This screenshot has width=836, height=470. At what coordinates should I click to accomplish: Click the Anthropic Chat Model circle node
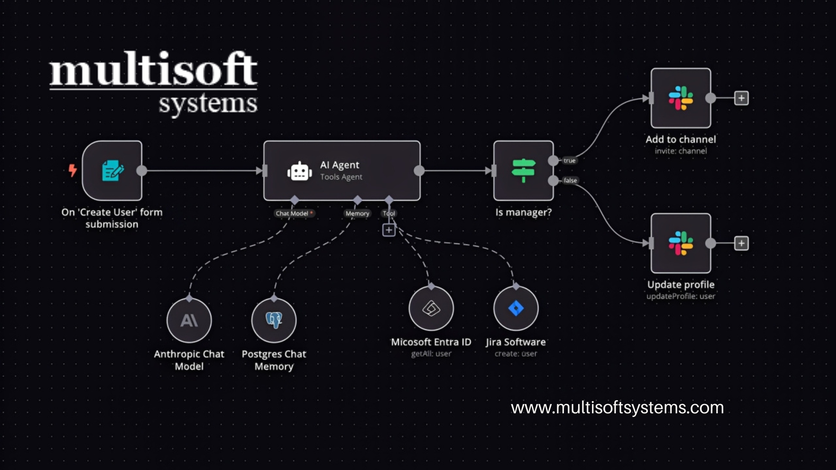(189, 320)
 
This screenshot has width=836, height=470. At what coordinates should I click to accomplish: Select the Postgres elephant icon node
(274, 320)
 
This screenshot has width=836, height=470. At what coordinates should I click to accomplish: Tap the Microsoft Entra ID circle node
(431, 308)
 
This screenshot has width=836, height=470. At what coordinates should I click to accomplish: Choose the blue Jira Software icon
(516, 308)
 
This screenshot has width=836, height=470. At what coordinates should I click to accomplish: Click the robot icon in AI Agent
(299, 172)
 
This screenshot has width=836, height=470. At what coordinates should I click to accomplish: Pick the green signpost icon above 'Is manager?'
(523, 170)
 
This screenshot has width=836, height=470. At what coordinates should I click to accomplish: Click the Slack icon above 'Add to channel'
(681, 98)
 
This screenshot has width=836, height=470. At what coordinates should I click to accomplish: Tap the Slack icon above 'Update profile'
(681, 243)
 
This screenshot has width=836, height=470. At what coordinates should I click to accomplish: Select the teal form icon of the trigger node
(112, 170)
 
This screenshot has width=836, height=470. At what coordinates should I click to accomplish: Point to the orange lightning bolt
(73, 170)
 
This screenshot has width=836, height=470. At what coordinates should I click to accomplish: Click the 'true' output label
(570, 161)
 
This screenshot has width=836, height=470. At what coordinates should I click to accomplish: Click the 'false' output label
(570, 181)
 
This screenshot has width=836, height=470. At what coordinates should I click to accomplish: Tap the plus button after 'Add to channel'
(741, 98)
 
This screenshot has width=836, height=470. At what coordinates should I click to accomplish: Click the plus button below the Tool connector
(389, 230)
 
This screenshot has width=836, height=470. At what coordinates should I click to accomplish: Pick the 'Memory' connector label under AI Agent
(357, 213)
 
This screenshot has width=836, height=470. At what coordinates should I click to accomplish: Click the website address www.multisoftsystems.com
(617, 408)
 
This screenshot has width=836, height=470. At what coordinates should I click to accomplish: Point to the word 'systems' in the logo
(208, 104)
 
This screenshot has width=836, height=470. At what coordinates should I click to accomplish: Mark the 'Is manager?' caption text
(523, 212)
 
